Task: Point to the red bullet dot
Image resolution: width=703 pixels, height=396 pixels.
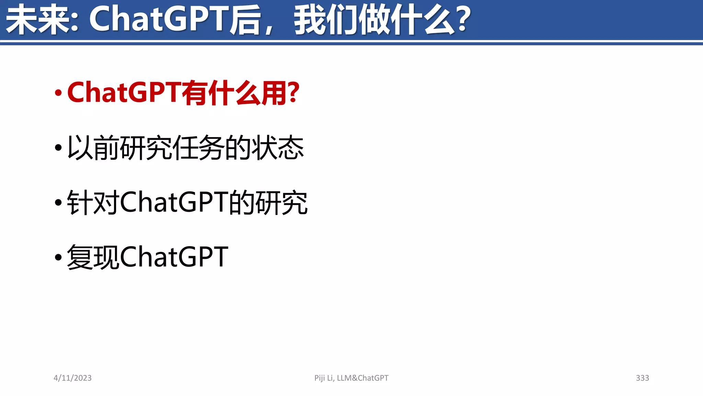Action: (x=58, y=93)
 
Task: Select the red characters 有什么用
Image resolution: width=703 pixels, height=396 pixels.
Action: (x=235, y=93)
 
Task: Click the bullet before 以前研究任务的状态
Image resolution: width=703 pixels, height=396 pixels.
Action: (x=58, y=148)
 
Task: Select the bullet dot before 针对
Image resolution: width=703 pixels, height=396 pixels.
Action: (x=58, y=202)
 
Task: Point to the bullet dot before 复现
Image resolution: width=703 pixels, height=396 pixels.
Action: (x=58, y=257)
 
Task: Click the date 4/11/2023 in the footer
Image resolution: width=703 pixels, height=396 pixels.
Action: (x=72, y=378)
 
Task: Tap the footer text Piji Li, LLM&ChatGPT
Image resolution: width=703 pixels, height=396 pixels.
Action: (x=351, y=378)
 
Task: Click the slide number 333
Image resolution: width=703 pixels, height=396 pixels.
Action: (x=642, y=378)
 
